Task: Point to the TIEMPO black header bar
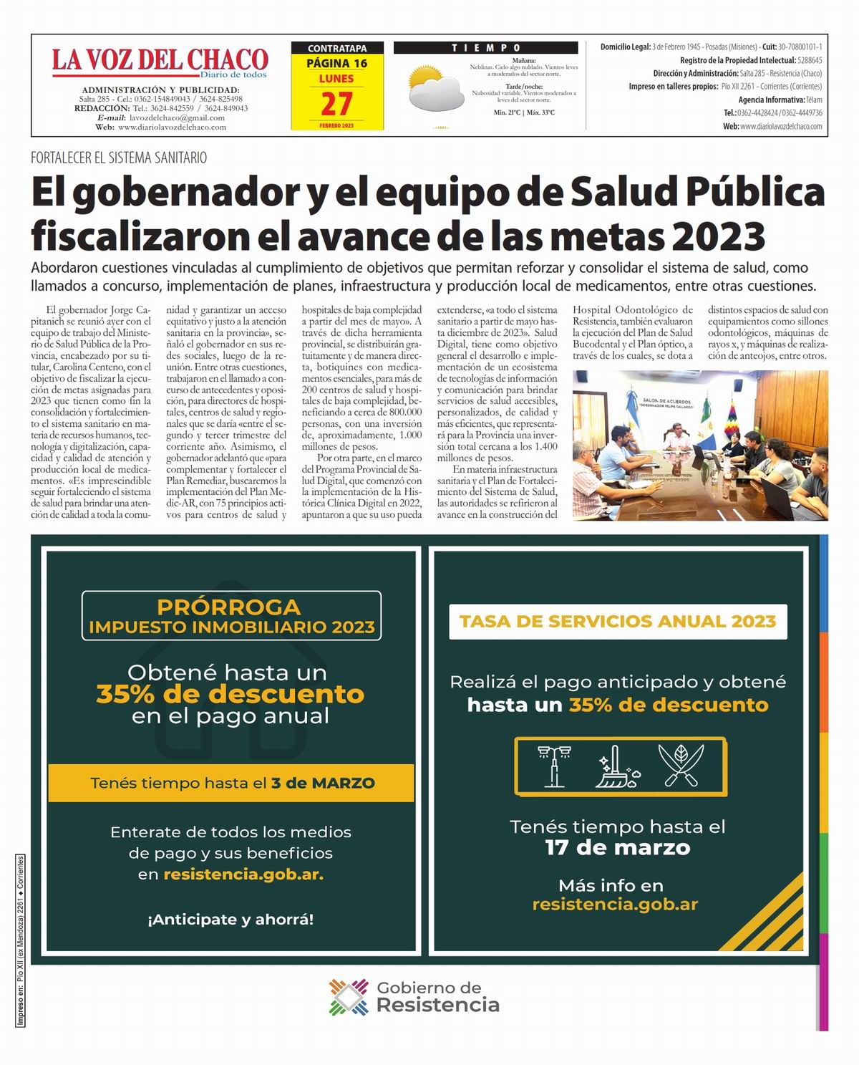click(x=486, y=48)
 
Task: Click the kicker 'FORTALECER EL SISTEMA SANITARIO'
click(x=119, y=158)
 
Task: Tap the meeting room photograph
click(x=700, y=445)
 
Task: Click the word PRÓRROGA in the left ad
click(x=229, y=607)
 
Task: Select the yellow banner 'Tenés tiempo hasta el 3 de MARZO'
click(x=231, y=783)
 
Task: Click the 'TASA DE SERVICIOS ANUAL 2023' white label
click(x=618, y=621)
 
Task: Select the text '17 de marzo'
click(x=618, y=848)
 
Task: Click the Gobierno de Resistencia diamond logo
click(x=349, y=997)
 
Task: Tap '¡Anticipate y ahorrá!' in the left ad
click(x=230, y=919)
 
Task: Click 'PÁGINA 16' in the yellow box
click(x=336, y=63)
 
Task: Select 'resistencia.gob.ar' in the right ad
click(x=615, y=904)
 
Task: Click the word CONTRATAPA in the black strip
click(x=336, y=48)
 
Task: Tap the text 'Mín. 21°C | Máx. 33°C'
click(x=524, y=112)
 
